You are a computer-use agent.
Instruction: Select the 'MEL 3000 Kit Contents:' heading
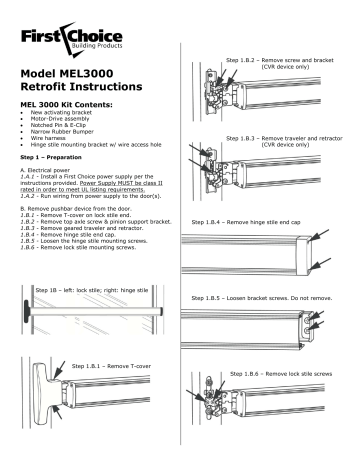(x=66, y=116)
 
